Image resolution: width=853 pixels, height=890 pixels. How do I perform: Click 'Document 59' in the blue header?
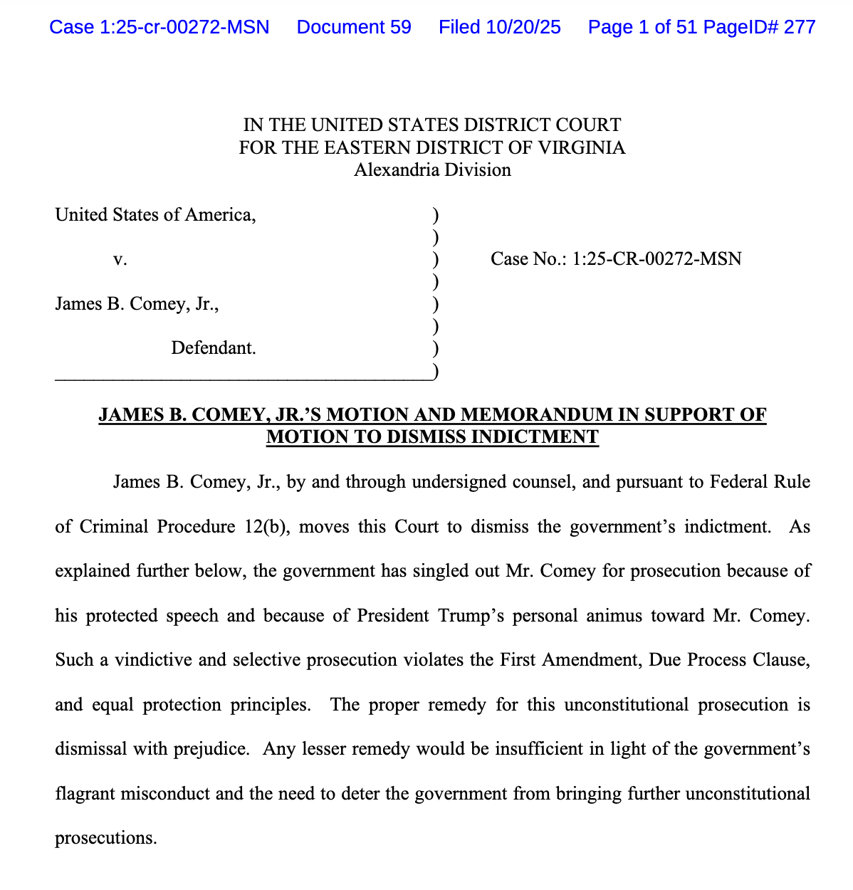click(x=354, y=27)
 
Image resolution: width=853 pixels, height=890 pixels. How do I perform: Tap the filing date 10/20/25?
click(x=523, y=27)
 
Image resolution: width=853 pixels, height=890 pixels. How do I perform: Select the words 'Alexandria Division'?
click(x=432, y=170)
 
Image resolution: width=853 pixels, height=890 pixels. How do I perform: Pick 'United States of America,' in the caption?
click(x=155, y=214)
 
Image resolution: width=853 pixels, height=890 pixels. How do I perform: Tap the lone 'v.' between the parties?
click(x=120, y=259)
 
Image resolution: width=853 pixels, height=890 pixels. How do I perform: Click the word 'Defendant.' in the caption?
click(x=214, y=348)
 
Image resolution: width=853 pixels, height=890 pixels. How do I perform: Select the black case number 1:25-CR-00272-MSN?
click(x=656, y=258)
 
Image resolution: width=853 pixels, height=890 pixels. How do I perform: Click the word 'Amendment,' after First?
click(x=589, y=660)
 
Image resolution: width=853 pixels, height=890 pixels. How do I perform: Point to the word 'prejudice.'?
click(x=213, y=749)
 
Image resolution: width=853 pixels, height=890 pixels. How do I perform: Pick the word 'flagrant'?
click(x=87, y=793)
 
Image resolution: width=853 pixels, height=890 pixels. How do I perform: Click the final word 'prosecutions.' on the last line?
click(x=105, y=838)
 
